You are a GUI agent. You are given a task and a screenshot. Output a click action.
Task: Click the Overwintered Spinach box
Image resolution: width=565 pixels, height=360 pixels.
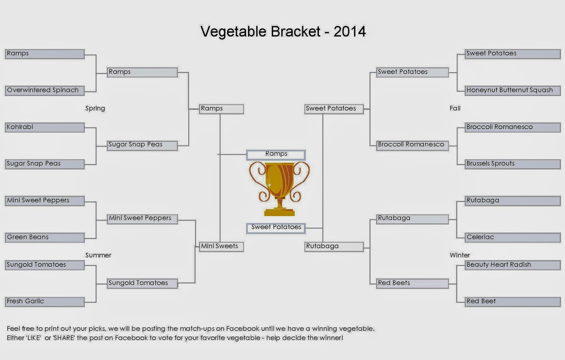click(44, 91)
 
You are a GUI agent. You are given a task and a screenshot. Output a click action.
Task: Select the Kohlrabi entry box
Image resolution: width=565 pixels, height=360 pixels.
click(44, 128)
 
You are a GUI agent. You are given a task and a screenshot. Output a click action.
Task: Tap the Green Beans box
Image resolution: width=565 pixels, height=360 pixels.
click(44, 238)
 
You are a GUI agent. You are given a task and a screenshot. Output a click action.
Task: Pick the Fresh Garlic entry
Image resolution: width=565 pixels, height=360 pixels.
click(44, 302)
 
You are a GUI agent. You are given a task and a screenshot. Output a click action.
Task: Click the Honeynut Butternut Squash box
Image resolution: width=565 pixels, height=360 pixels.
click(513, 91)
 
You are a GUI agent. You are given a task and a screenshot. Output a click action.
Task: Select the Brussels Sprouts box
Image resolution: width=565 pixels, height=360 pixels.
click(513, 164)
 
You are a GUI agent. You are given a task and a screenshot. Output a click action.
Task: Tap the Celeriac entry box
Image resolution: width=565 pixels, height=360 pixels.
click(513, 238)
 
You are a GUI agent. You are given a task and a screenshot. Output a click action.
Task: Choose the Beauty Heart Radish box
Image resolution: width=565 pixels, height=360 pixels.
click(513, 265)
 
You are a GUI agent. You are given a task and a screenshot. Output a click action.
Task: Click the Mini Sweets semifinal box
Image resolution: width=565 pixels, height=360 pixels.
click(221, 247)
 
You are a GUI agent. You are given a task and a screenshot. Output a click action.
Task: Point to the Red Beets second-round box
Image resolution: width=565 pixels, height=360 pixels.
click(412, 284)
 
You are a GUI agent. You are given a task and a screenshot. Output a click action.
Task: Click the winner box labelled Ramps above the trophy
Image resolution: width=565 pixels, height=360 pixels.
click(276, 155)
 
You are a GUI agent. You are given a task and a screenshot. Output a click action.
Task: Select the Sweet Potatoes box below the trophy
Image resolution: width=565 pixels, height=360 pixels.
click(276, 228)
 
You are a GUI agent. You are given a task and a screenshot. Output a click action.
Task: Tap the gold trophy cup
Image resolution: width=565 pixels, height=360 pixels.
click(279, 189)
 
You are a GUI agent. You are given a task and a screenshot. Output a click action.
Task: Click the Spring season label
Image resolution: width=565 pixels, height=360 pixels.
click(95, 108)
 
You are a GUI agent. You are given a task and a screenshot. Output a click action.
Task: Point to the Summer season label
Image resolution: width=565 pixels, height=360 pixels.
click(98, 255)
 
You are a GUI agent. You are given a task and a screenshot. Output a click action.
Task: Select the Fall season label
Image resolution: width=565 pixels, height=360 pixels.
click(455, 108)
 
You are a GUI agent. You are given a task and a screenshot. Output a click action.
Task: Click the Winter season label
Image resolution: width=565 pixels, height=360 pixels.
click(459, 255)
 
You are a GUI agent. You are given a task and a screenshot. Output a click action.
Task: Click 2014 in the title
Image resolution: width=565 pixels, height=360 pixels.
click(350, 31)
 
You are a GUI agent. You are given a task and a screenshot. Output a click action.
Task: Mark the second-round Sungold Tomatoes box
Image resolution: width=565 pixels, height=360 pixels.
click(142, 284)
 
